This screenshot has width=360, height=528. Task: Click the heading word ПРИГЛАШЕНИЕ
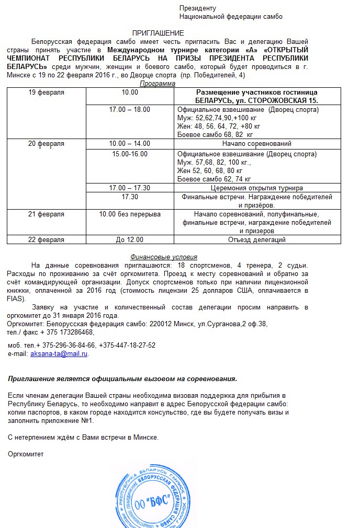pos(157,33)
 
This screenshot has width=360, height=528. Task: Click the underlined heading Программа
pos(157,84)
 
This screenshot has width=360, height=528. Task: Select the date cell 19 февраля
pos(47,93)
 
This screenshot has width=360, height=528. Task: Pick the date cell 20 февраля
pos(47,144)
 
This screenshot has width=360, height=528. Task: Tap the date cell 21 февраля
pos(47,214)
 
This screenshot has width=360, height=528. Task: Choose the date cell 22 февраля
pos(47,240)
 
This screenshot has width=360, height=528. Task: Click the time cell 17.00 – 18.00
pos(130,110)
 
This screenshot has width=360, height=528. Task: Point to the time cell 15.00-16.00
pos(130,154)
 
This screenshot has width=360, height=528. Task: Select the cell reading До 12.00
pos(130,240)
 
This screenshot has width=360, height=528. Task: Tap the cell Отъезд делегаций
pos(257,240)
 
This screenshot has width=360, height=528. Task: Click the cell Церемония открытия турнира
pos(257,188)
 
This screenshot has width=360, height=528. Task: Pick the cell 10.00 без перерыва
pos(130,214)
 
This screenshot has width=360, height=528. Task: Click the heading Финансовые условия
pos(164,257)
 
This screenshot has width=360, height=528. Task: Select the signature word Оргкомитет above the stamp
pos(26,454)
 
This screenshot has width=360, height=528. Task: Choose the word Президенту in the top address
pos(197,8)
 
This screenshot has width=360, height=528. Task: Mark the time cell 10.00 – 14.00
pos(130,144)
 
